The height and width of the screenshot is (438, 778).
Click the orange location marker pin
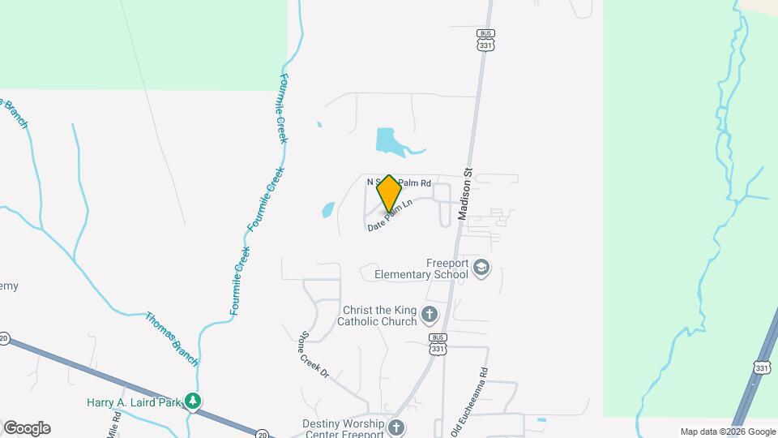389,193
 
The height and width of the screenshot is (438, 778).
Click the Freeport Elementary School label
421,268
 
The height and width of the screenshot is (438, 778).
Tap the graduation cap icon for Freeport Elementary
482,268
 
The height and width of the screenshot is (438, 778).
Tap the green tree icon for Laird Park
192,401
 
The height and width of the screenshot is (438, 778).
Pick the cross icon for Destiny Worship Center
395,427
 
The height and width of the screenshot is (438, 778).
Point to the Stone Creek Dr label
314,355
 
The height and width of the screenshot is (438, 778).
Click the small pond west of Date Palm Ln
327,210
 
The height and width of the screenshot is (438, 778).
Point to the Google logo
27,428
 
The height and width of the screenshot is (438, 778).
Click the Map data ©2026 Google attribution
728,432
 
